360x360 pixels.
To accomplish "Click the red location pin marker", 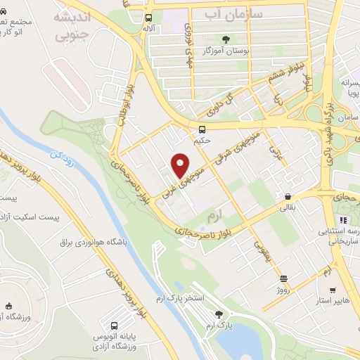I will pyautogui.click(x=181, y=165).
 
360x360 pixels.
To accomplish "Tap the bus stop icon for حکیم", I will pyautogui.click(x=202, y=129).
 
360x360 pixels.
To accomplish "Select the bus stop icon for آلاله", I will pyautogui.click(x=149, y=18).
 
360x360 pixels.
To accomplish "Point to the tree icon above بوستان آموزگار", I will pyautogui.click(x=226, y=39).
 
